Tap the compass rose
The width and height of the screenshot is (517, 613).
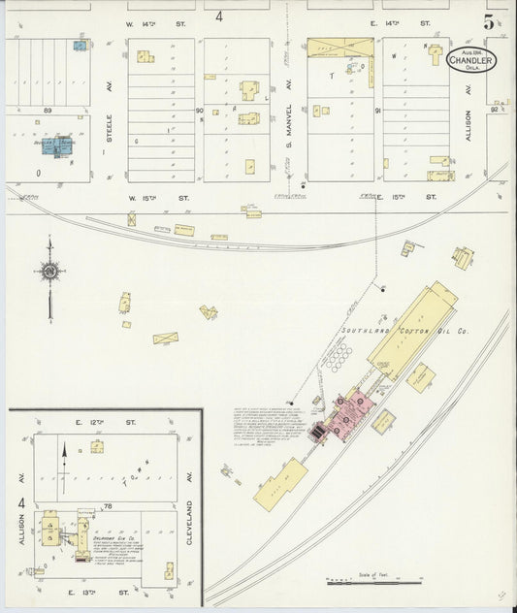coord(49,273)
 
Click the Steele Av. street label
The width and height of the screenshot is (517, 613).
coord(109,128)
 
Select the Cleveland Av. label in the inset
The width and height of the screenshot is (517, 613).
coord(190,509)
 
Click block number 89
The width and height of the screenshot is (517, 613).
coord(47,112)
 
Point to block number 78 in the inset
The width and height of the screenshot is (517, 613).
coord(109,506)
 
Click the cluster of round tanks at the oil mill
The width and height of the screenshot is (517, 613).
coord(339,359)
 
